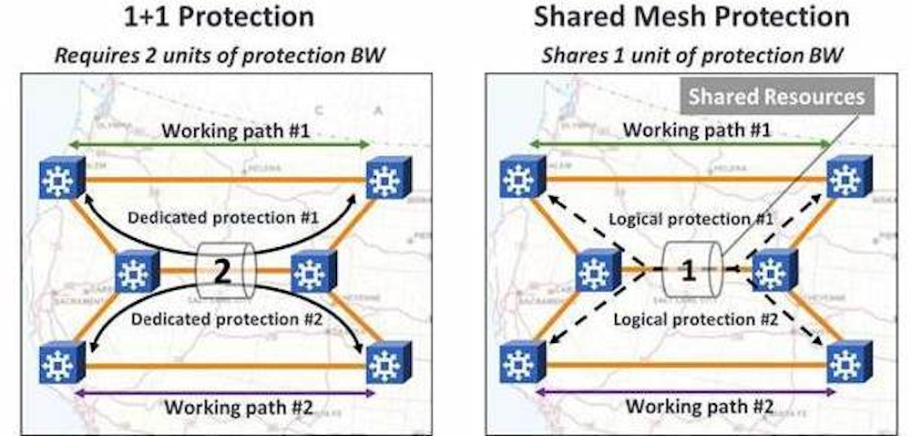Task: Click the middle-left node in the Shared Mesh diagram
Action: point(596,272)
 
